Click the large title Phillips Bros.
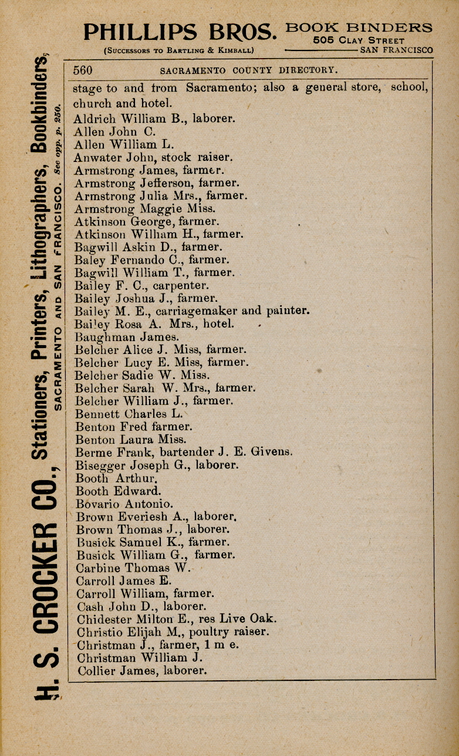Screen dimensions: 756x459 (x=180, y=32)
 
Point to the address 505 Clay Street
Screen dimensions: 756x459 (x=359, y=41)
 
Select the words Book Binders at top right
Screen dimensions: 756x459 (x=359, y=28)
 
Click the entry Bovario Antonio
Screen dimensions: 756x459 (x=124, y=504)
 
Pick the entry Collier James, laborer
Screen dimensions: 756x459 (x=141, y=670)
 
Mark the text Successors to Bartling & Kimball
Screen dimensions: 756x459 (x=178, y=50)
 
